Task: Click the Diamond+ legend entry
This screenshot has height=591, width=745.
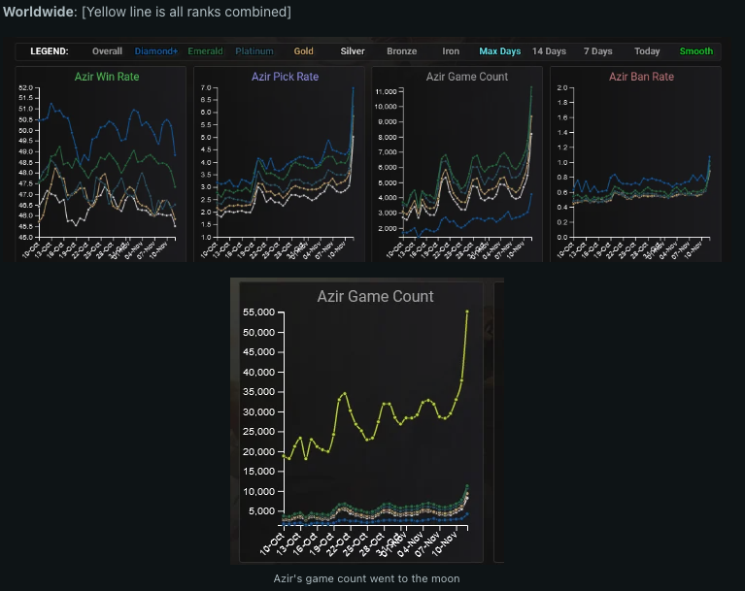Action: [x=156, y=51]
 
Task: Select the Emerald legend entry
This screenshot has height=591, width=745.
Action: [x=205, y=51]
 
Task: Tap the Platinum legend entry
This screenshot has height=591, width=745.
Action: [x=254, y=51]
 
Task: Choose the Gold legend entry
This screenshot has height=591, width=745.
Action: [x=304, y=51]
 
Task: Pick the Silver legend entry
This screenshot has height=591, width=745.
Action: [x=353, y=51]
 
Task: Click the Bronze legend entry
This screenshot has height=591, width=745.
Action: [x=401, y=51]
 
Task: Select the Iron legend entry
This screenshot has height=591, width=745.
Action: [x=451, y=51]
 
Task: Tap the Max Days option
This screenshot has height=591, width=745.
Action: [x=500, y=51]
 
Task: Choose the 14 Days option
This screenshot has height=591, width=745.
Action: [x=549, y=51]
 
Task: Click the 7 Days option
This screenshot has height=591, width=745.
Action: [x=598, y=51]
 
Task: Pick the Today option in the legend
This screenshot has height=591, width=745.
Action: [x=647, y=51]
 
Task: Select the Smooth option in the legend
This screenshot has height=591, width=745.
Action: [x=696, y=51]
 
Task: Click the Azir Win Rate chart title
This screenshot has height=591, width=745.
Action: [x=104, y=77]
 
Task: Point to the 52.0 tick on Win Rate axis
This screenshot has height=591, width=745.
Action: [x=26, y=88]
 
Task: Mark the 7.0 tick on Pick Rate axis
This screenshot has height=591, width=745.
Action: [x=205, y=88]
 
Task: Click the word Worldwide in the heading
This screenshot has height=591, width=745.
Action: [x=38, y=12]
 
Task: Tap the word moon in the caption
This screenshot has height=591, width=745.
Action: [x=444, y=578]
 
